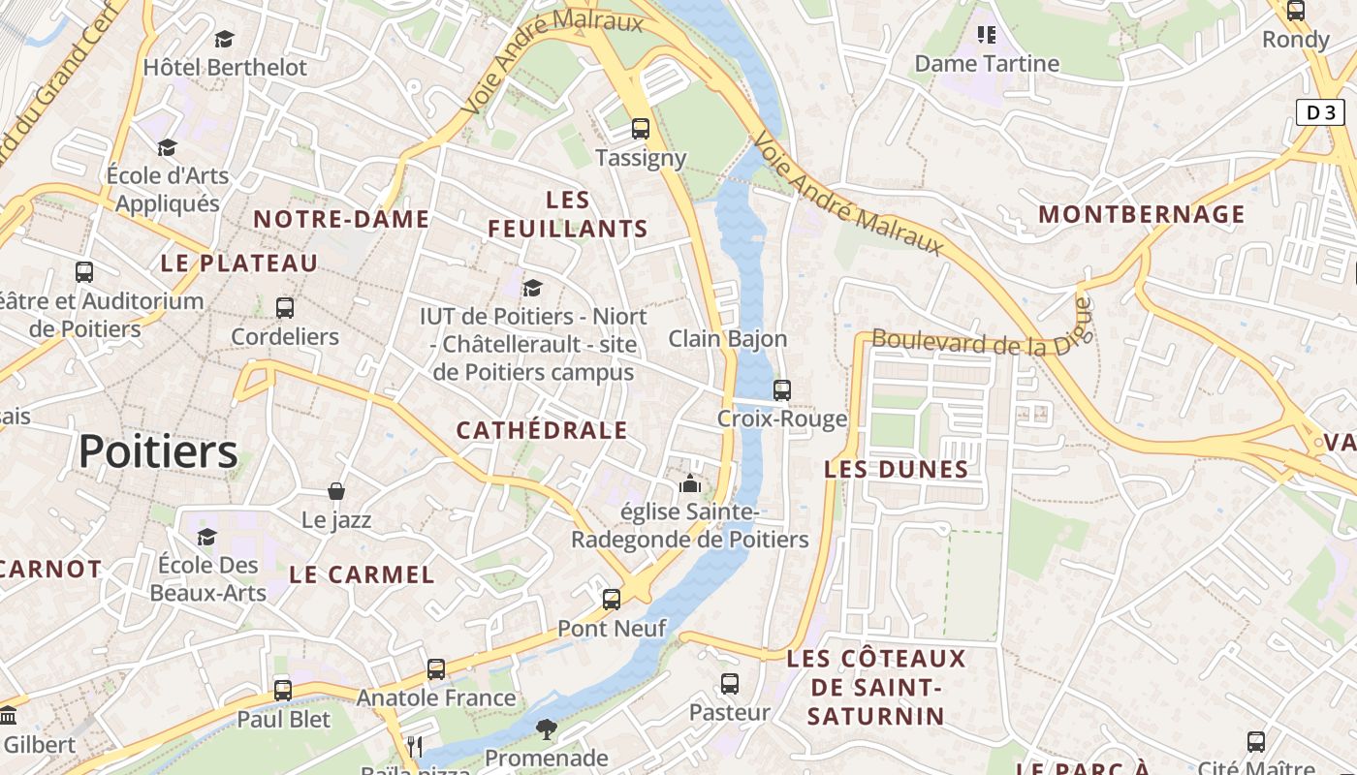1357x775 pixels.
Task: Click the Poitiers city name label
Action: click(x=158, y=451)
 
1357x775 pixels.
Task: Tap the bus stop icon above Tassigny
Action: click(x=641, y=128)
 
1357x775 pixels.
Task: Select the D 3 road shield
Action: click(x=1321, y=112)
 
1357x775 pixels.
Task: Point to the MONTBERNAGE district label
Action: click(x=1142, y=214)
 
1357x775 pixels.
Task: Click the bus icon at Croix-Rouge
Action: click(x=782, y=389)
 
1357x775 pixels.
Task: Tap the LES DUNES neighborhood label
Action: click(x=897, y=470)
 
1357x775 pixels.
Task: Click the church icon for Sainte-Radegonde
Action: click(x=690, y=482)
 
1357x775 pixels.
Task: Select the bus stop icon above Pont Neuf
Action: click(x=612, y=599)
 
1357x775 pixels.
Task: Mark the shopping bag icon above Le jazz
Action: click(x=336, y=491)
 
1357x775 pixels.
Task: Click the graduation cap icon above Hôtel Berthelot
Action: click(x=225, y=39)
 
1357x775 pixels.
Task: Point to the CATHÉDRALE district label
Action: click(x=542, y=431)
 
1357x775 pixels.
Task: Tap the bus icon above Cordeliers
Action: click(x=285, y=308)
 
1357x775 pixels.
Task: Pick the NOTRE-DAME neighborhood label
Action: click(x=341, y=220)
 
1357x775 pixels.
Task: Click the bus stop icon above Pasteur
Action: click(x=730, y=683)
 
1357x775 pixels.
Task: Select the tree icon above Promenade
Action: click(x=547, y=728)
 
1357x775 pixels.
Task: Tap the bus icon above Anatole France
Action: click(x=436, y=668)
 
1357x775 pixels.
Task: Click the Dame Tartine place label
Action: click(x=987, y=64)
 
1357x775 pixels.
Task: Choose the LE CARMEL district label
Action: click(x=363, y=574)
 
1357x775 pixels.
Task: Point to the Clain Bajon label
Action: click(x=728, y=339)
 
